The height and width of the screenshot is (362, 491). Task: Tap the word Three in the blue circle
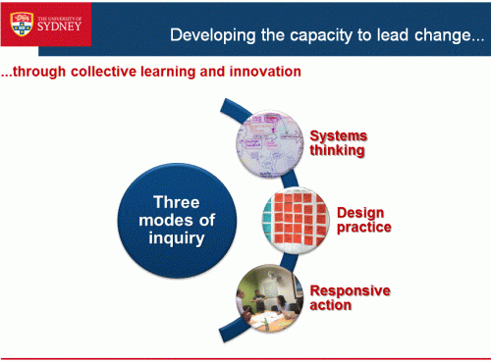click(x=177, y=203)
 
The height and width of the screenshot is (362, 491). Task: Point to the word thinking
click(x=337, y=151)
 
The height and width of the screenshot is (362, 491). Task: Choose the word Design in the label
click(x=359, y=212)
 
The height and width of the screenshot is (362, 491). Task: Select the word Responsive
click(x=350, y=290)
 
